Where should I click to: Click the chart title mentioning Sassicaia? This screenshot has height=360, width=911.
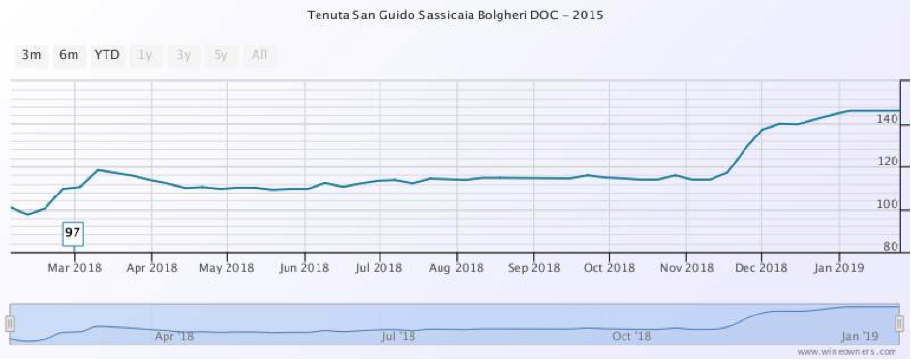(455, 16)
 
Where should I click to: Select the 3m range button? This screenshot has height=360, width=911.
(31, 55)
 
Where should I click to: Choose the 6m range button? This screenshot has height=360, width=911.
(69, 55)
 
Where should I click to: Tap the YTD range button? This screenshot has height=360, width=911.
(106, 55)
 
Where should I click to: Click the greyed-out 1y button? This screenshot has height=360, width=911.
(145, 55)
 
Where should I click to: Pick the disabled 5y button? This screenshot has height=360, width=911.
(221, 55)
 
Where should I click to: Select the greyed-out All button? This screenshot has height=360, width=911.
(258, 55)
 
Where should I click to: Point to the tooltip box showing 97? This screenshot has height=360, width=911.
(73, 233)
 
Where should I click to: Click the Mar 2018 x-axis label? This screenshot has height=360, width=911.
(75, 267)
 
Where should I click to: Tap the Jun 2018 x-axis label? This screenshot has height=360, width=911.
(303, 267)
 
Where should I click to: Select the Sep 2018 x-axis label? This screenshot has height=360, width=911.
(532, 267)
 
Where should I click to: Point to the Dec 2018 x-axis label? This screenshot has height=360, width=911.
(761, 267)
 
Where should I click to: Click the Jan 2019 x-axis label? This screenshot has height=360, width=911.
(837, 267)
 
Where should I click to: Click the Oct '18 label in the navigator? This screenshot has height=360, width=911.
(631, 336)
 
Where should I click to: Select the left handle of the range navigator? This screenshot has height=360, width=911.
(10, 323)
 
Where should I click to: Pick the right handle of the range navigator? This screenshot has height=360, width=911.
(899, 323)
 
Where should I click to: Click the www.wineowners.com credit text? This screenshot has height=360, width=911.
(852, 352)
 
